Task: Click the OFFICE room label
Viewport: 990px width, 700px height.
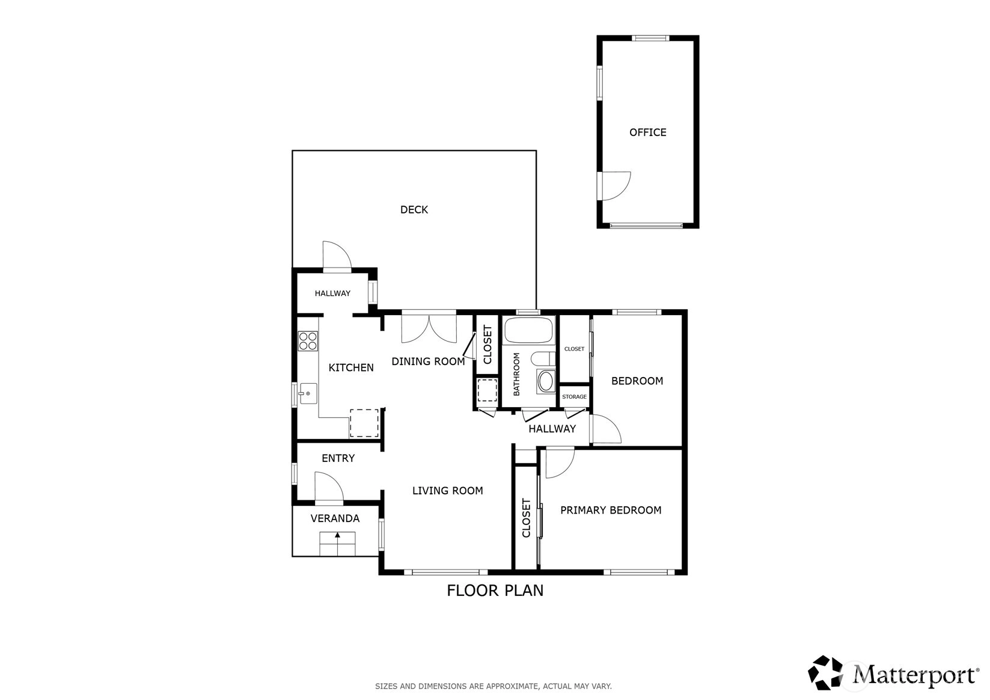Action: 647,132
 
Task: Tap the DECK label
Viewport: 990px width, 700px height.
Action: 414,210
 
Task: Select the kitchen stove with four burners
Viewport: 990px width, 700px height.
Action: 308,341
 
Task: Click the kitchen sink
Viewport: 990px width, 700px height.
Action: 308,393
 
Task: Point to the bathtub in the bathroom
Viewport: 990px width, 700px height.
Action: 528,330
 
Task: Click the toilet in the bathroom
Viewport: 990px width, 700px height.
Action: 543,358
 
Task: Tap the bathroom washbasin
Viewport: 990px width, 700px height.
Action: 546,382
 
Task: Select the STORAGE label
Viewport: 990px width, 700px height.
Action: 574,397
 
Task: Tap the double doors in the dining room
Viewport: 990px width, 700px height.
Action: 429,327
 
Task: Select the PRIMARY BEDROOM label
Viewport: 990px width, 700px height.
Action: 611,511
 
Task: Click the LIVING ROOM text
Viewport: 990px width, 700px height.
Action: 447,490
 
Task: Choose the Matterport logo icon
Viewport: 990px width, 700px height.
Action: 825,672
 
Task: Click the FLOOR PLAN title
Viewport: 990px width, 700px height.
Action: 495,591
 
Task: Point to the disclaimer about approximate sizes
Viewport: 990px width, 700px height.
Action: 493,686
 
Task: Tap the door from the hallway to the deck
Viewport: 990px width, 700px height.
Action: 337,256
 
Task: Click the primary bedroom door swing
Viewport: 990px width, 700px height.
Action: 560,462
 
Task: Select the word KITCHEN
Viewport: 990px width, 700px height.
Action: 351,367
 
